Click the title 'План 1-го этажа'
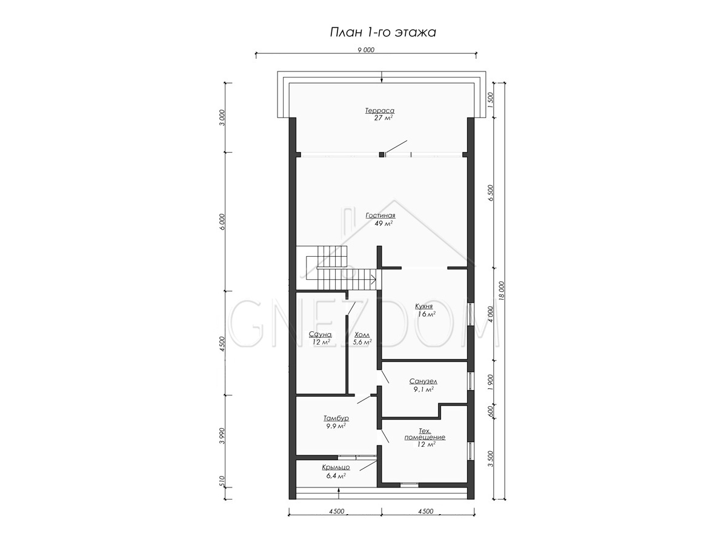pos(382,33)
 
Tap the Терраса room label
pos(380,111)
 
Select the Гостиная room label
pos(380,216)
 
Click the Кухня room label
pos(424,306)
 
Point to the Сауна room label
pos(320,334)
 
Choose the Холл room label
pos(362,334)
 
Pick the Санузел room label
pos(423,381)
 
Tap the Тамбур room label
pos(336,418)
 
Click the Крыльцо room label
pos(336,467)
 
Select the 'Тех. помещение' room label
pos(425,434)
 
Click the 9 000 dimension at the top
pos(366,50)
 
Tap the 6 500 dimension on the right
pos(491,193)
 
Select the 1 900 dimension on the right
pos(491,382)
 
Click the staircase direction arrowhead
pos(374,280)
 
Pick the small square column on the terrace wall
pos(382,154)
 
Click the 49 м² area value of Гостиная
pos(383,223)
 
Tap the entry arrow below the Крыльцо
pos(339,493)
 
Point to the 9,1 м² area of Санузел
pos(425,389)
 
